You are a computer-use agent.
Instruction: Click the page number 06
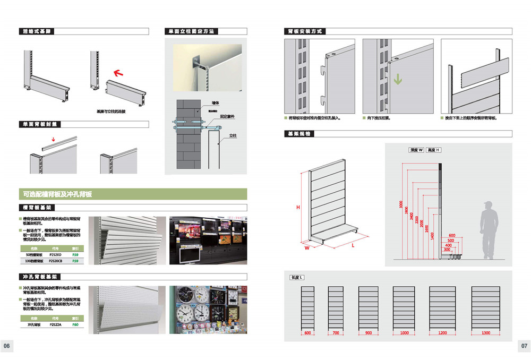click(7, 346)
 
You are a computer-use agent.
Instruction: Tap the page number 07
click(524, 346)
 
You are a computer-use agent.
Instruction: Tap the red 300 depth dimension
click(447, 250)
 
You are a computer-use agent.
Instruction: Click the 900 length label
click(369, 333)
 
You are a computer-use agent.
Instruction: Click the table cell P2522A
click(55, 324)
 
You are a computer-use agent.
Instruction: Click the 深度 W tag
click(416, 150)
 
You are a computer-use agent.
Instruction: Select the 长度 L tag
click(296, 278)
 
